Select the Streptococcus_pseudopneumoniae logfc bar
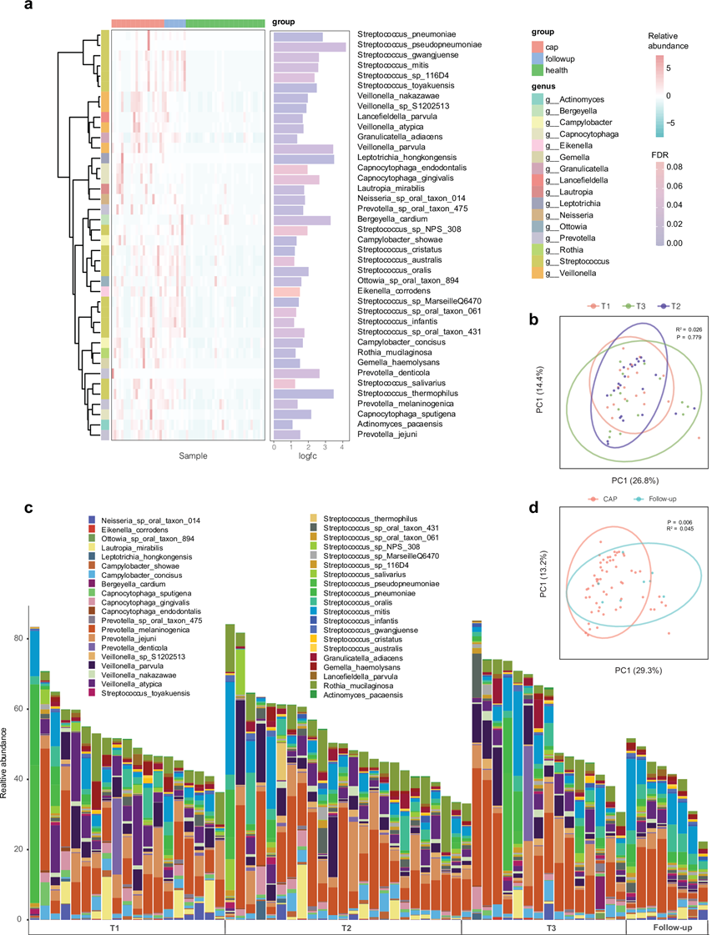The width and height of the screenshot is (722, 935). [309, 47]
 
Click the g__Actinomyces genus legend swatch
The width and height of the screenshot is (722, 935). [538, 101]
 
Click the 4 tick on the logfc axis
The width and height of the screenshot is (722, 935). [343, 447]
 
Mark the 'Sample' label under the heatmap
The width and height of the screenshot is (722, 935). [193, 456]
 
